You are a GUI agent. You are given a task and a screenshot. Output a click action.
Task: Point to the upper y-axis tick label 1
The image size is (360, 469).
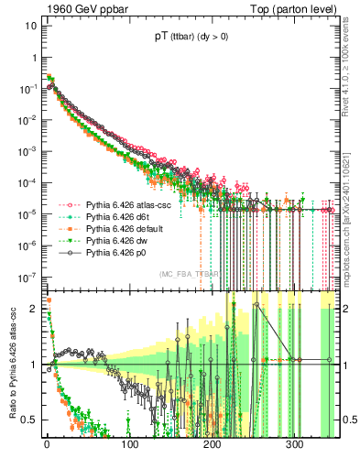pyautogui.click(x=33, y=57)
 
